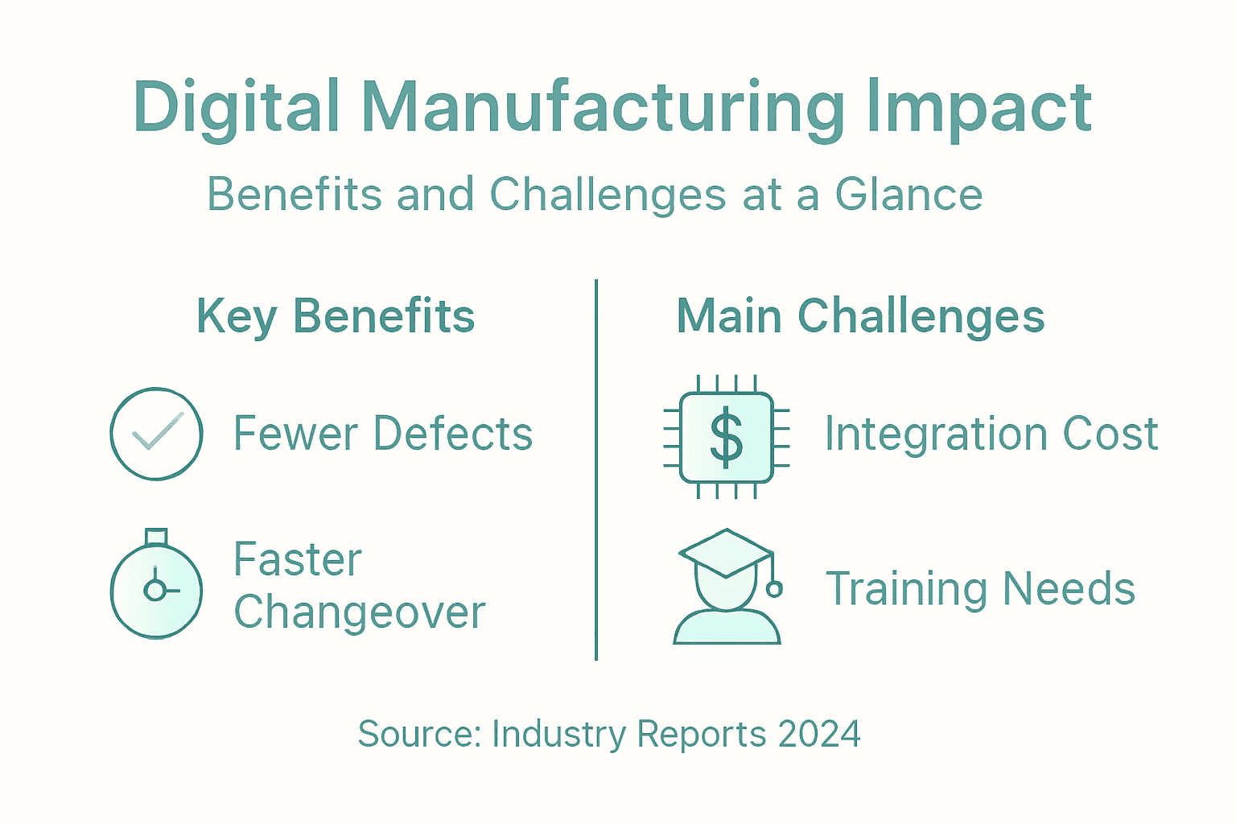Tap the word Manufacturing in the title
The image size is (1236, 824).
tap(603, 108)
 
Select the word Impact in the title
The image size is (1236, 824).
tap(978, 108)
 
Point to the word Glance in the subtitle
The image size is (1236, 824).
tap(908, 195)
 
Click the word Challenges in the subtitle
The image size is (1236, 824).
tap(608, 195)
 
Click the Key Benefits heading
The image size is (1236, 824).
tap(336, 316)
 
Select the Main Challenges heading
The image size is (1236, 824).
tap(860, 316)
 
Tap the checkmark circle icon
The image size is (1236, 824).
tap(156, 434)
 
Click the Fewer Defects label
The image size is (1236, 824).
tap(383, 434)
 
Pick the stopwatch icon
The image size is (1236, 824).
tap(156, 589)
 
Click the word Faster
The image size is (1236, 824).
tap(298, 559)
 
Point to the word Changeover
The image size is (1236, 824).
tap(360, 612)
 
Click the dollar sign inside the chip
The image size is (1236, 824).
tap(726, 437)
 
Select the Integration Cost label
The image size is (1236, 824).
tap(991, 434)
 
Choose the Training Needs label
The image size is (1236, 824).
tap(980, 588)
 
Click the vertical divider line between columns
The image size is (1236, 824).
tap(596, 470)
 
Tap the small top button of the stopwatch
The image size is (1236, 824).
tap(156, 537)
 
